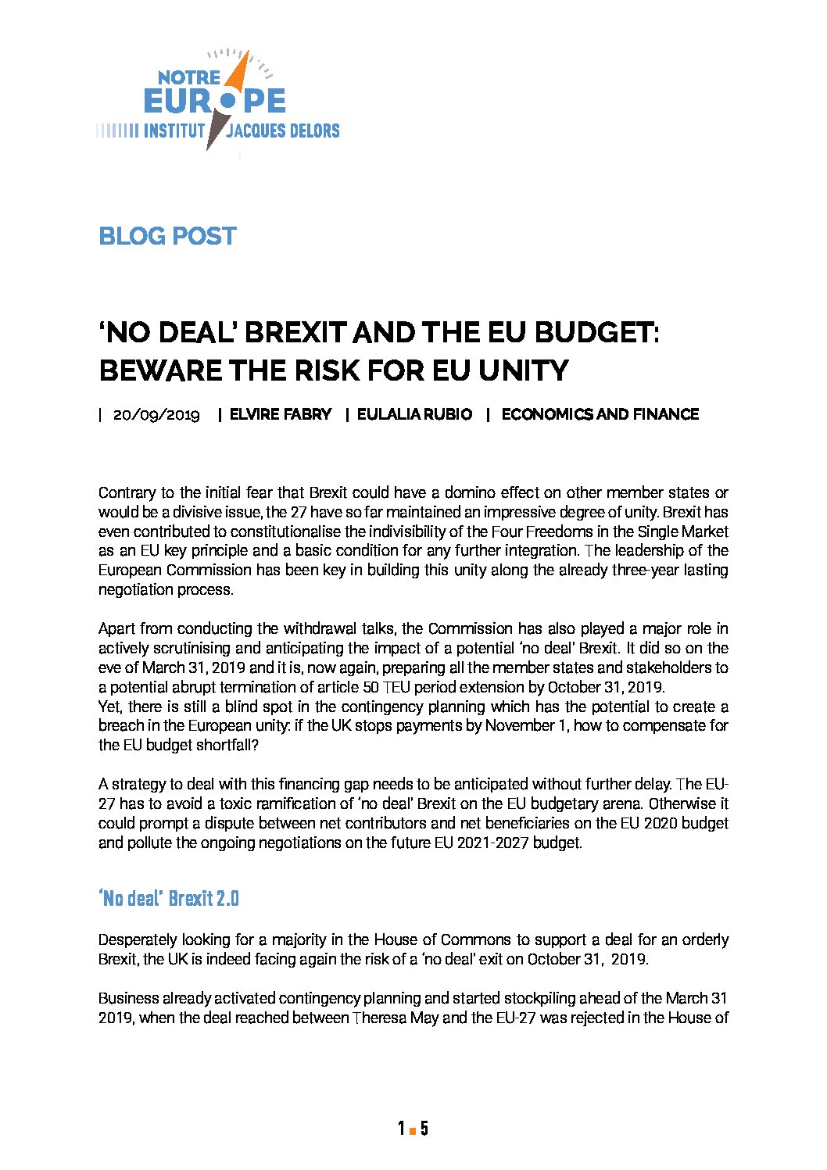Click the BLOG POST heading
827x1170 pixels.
pos(167,236)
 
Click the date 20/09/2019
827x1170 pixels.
pos(156,414)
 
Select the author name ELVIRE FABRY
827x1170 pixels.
pos(281,414)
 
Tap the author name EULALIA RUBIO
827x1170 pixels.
pos(414,414)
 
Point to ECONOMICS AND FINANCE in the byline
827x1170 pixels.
pos(600,414)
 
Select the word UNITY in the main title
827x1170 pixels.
pos(523,370)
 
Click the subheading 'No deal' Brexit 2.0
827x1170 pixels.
pos(169,899)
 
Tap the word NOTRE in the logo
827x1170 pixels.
pos(189,77)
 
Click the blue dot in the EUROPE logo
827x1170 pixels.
pos(227,101)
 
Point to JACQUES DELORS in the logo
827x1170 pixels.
pos(283,131)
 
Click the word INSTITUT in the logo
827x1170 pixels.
pos(174,131)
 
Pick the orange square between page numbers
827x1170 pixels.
pos(413,1129)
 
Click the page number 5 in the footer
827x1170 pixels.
pos(424,1129)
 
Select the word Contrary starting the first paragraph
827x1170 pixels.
pos(124,493)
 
